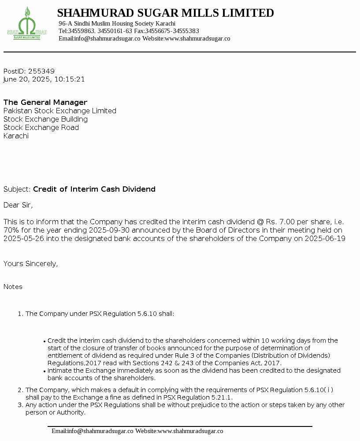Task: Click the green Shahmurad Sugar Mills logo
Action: point(27,25)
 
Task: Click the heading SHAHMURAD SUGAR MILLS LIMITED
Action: point(165,13)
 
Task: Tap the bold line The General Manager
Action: point(45,103)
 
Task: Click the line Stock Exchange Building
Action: point(45,119)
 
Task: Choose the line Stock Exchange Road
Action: point(41,128)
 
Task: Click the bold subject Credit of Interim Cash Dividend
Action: point(94,189)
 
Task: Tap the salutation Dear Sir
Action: point(18,205)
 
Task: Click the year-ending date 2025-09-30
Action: point(108,230)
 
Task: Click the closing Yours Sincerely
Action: point(30,264)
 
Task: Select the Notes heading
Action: point(13,287)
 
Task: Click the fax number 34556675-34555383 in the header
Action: point(172,31)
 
